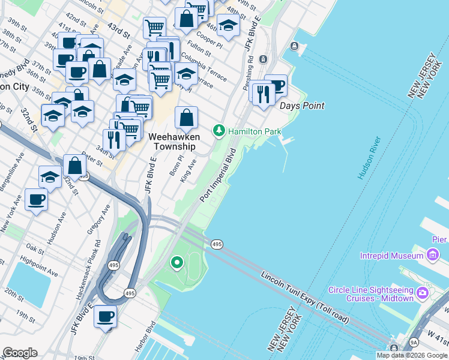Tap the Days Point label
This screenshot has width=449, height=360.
pyautogui.click(x=302, y=106)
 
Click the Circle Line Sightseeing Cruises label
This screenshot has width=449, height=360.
pyautogui.click(x=371, y=294)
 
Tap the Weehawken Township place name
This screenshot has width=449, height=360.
pyautogui.click(x=173, y=142)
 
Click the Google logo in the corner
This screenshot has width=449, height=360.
pyautogui.click(x=20, y=352)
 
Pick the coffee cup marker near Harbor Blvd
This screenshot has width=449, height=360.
pyautogui.click(x=106, y=316)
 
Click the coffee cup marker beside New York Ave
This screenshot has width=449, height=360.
pyautogui.click(x=36, y=199)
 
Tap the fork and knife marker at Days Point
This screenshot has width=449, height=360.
pyautogui.click(x=263, y=94)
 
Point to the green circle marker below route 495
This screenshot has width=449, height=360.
pyautogui.click(x=176, y=262)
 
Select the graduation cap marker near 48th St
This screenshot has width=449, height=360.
pyautogui.click(x=228, y=25)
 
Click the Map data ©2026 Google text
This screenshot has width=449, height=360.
pyautogui.click(x=412, y=355)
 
